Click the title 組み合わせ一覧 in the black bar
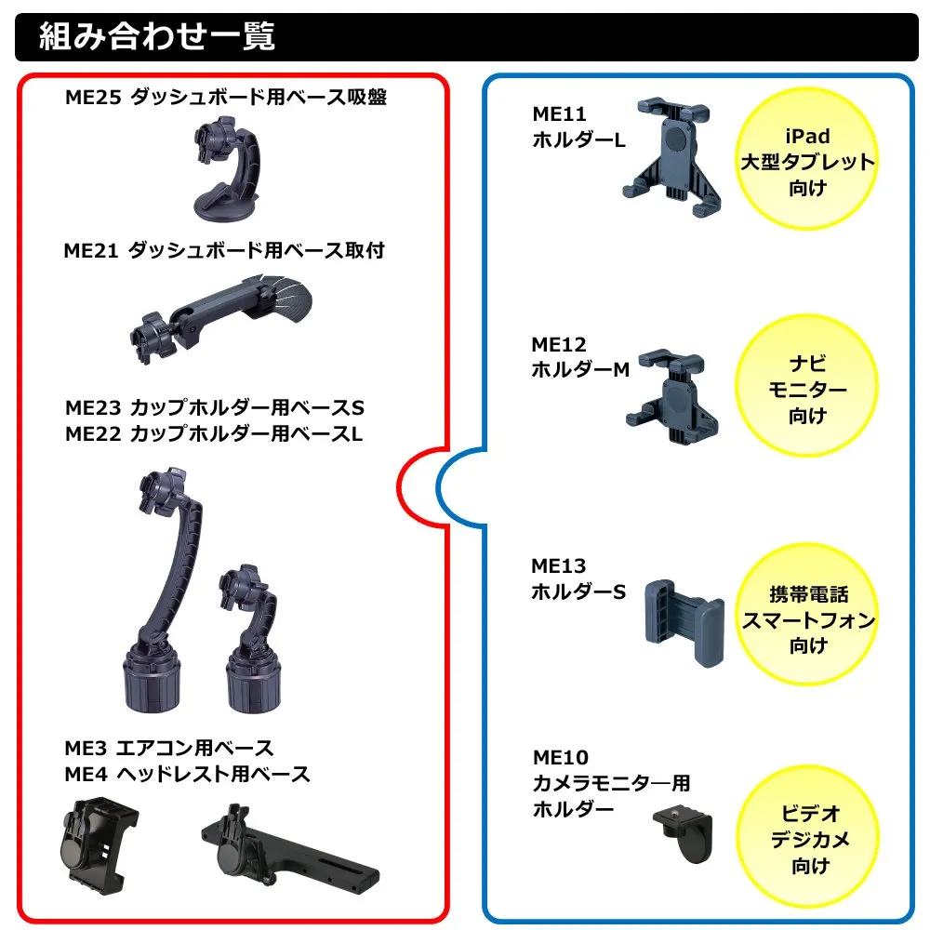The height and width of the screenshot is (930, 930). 156,36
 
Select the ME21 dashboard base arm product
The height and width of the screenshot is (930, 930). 220,317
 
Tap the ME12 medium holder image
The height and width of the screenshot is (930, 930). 671,395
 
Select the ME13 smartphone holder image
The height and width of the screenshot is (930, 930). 684,623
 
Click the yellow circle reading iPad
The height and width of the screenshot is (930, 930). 806,158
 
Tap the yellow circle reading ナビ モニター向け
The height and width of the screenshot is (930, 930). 806,386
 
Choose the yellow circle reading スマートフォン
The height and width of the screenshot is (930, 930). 808,615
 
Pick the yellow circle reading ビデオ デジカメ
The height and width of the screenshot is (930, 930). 808,837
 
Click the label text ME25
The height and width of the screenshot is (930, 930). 93,98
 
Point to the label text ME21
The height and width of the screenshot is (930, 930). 91,251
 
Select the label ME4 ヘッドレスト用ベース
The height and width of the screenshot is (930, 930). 187,774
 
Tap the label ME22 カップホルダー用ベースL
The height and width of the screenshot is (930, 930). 214,433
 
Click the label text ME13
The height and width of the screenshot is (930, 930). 559,565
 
